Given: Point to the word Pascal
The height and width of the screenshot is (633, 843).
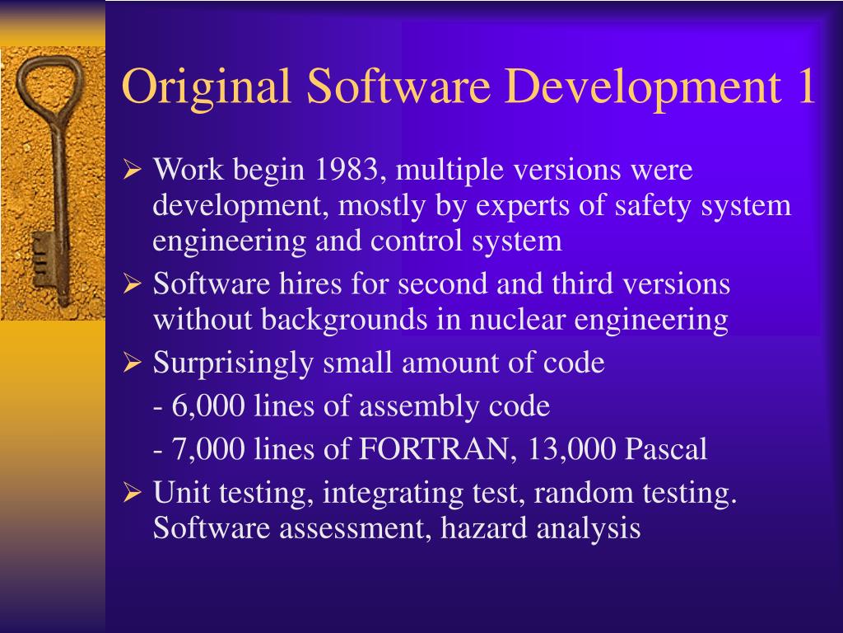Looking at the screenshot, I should pyautogui.click(x=666, y=449).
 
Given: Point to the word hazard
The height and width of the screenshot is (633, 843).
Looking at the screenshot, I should pyautogui.click(x=486, y=528).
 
